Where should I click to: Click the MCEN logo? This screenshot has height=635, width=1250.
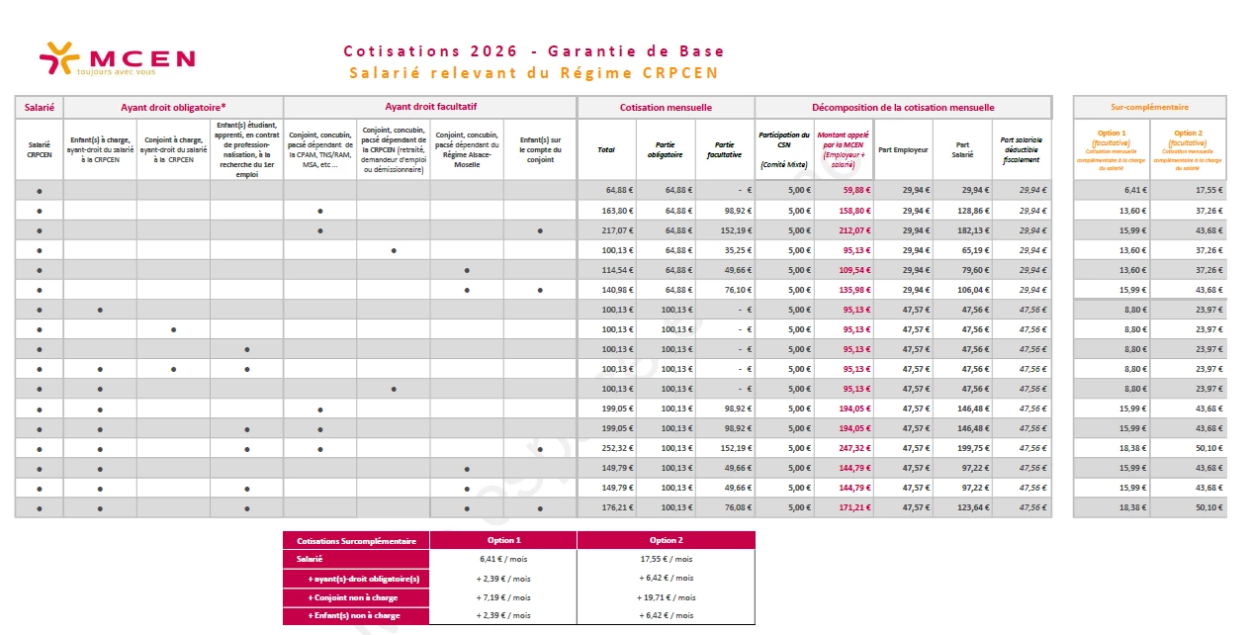(117, 58)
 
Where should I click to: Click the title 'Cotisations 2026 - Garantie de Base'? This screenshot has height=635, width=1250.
(534, 51)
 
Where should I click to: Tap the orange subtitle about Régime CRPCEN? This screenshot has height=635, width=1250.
(534, 73)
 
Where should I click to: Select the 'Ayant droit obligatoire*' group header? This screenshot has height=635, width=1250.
(173, 107)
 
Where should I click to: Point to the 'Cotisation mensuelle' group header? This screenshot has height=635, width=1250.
(666, 107)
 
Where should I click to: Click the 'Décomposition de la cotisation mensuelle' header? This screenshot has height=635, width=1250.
(903, 107)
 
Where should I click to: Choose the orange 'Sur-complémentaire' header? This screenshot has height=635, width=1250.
(1149, 107)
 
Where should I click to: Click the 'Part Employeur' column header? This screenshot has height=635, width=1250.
(903, 149)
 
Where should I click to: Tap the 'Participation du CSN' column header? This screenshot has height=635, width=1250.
(784, 149)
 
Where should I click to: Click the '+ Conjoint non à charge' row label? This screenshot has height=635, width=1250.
(356, 597)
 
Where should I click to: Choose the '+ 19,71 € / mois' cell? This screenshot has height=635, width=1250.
(666, 597)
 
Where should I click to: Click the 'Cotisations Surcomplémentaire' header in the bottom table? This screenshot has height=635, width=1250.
(356, 540)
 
